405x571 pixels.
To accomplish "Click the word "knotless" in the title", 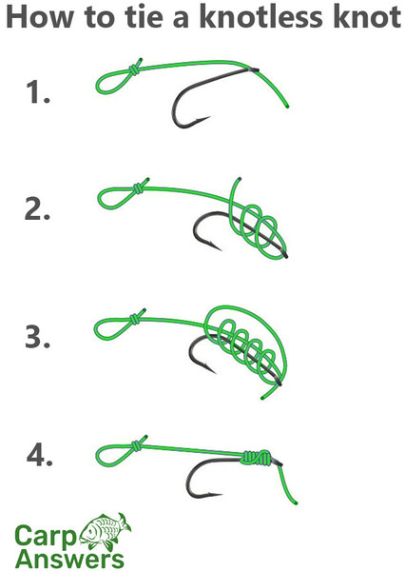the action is tap(260, 17).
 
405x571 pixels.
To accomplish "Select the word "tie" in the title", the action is tap(143, 17).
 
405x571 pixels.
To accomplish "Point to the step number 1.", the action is tap(38, 92).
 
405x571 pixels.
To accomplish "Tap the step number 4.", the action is tap(39, 456).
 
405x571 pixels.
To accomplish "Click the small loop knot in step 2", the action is tap(138, 188).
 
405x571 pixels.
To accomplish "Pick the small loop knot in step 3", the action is tap(135, 320).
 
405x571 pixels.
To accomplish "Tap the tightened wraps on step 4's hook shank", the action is tap(257, 458).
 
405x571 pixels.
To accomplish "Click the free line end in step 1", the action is tap(287, 107).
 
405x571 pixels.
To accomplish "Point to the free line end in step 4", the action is tap(296, 503).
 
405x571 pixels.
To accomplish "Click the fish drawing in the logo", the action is tap(106, 531).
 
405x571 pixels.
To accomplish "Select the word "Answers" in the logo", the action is tap(69, 559).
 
